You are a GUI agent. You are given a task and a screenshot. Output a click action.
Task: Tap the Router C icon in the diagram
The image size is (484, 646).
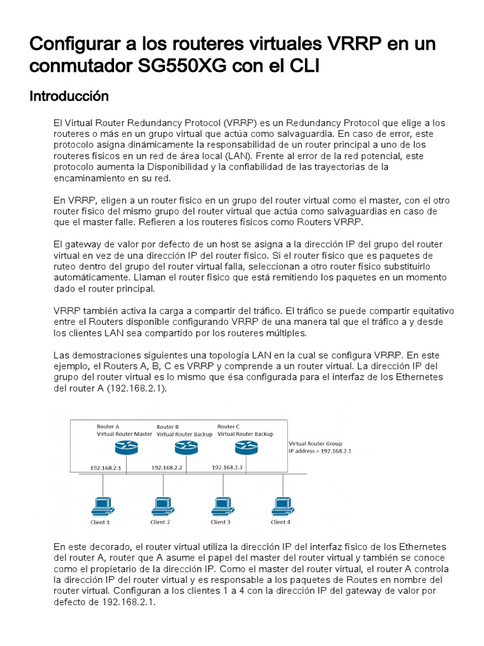(246, 449)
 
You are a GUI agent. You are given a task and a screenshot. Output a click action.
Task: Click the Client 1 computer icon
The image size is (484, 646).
(100, 506)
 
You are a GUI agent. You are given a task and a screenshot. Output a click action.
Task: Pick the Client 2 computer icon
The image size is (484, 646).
(161, 506)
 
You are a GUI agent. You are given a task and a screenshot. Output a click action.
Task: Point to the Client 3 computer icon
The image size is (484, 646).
(221, 506)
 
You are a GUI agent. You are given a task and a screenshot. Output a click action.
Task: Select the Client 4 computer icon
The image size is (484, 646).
(281, 506)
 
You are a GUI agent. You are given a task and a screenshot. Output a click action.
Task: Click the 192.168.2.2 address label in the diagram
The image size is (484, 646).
(166, 468)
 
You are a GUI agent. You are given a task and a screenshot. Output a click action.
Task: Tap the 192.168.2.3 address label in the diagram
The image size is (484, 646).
(227, 467)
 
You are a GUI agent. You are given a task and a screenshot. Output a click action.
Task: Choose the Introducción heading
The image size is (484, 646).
(69, 97)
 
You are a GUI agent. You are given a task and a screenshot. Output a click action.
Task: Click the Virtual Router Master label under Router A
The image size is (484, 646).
(124, 434)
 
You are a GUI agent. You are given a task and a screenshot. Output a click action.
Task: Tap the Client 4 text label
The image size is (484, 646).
(280, 522)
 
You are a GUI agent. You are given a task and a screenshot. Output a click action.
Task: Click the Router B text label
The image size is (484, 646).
(168, 427)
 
